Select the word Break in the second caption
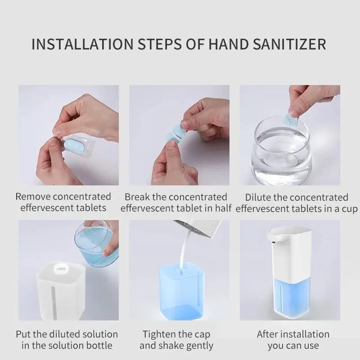click(x=136, y=197)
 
